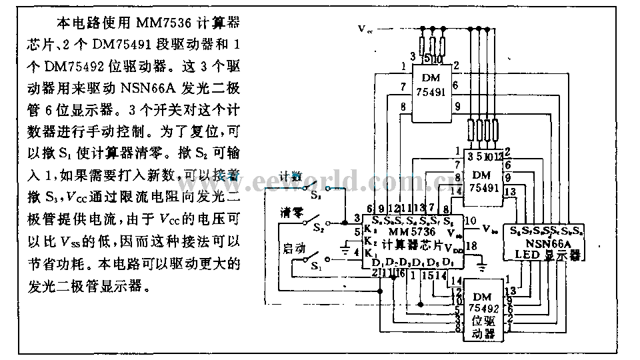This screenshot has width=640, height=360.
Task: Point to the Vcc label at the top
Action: tap(366, 29)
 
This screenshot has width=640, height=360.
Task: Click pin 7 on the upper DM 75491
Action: tap(403, 87)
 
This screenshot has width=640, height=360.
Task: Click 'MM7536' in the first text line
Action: tap(164, 25)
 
